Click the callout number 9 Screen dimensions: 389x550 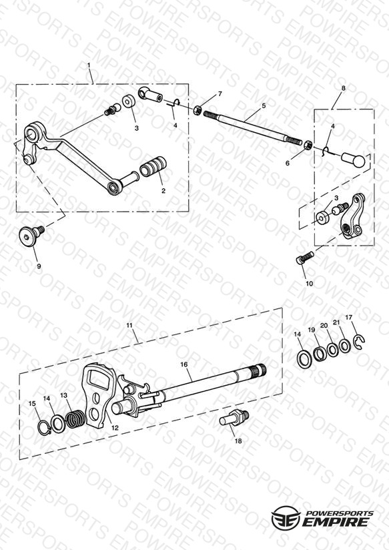point(39,266)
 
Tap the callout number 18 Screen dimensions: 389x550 point(238,441)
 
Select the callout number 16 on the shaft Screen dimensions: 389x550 point(184,364)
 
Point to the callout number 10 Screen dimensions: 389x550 point(310,284)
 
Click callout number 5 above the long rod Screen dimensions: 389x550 point(264,105)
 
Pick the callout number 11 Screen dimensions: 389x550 point(129,325)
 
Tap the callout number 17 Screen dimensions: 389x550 point(349,318)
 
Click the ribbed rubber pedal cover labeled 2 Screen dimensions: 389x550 point(153,166)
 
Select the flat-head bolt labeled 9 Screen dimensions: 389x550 point(31,234)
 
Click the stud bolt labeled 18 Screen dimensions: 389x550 point(234,417)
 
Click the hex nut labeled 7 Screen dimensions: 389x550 point(198,109)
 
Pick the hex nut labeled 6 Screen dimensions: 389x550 point(308,145)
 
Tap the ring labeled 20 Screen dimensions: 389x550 point(332,349)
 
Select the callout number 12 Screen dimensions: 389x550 point(115,428)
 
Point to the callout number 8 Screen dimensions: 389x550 point(343,88)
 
